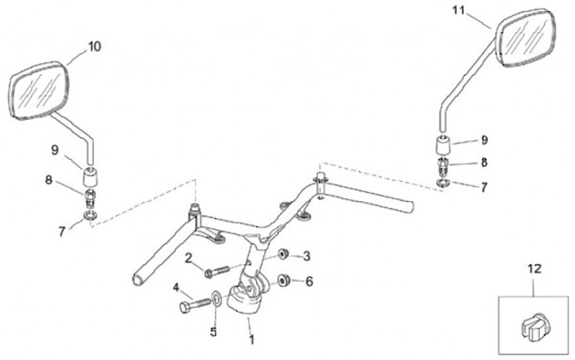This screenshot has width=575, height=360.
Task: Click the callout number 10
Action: click(94, 47)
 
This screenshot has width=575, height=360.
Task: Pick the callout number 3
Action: click(306, 255)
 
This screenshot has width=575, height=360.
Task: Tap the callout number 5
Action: click(213, 330)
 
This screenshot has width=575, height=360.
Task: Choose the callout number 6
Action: click(308, 281)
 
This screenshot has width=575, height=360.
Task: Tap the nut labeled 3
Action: click(283, 255)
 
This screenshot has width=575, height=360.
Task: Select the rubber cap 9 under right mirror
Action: click(444, 147)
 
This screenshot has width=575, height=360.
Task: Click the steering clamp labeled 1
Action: click(243, 299)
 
